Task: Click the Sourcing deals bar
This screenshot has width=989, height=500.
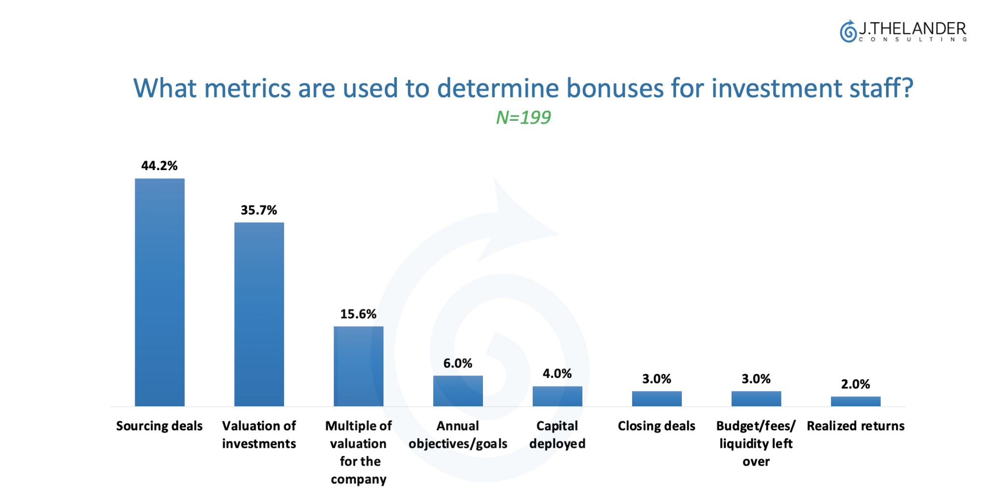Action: tap(159, 292)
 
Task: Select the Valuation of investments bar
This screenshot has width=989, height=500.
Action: tap(259, 314)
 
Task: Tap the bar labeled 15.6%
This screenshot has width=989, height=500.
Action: tap(358, 366)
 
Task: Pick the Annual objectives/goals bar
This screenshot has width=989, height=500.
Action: tap(458, 391)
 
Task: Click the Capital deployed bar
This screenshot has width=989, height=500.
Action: tap(557, 396)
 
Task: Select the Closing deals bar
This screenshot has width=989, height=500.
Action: tap(657, 399)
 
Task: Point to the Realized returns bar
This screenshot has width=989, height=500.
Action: tap(856, 401)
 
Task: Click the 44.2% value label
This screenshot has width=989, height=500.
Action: tap(159, 166)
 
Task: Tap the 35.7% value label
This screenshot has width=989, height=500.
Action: tap(259, 210)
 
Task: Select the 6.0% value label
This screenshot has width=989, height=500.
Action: tap(458, 363)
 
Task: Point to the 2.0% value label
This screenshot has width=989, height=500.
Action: tap(856, 384)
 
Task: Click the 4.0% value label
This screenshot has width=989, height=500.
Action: tap(557, 373)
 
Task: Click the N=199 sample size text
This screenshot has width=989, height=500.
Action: tap(523, 117)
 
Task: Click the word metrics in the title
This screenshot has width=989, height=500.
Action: tap(248, 88)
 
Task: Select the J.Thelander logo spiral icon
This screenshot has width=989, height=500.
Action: tap(848, 31)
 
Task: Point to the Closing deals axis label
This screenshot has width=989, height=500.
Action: tap(657, 426)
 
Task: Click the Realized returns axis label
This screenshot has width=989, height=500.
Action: tap(856, 426)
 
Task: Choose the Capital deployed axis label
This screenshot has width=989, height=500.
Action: tap(557, 435)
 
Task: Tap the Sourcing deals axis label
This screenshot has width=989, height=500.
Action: tap(159, 426)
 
